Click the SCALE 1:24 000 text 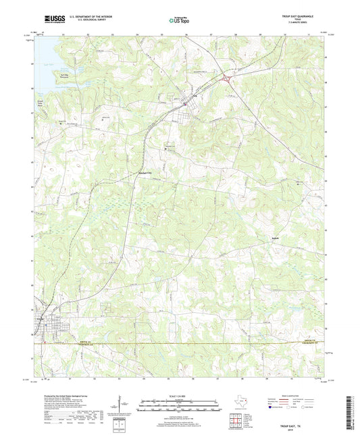[179, 396]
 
